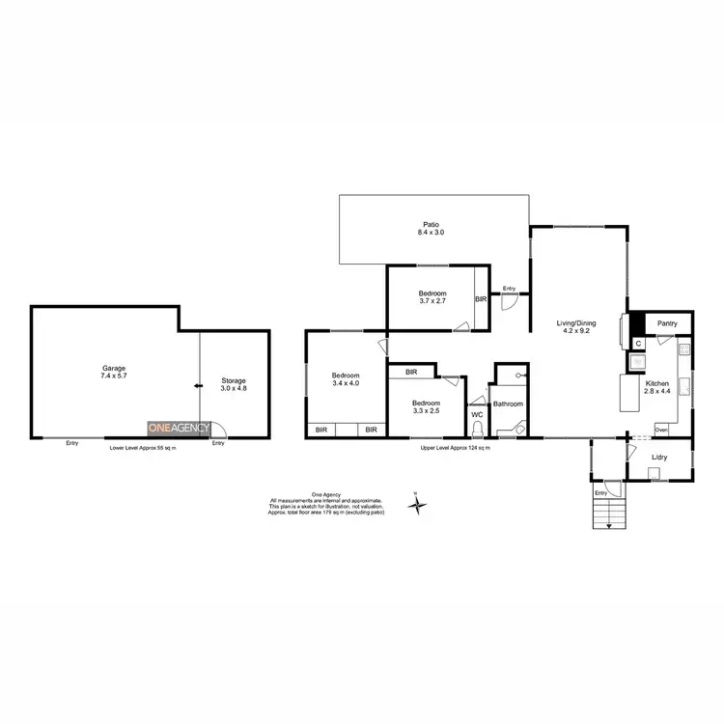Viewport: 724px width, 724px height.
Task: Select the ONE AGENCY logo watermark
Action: [178, 427]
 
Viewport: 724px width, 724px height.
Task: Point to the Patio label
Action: [432, 229]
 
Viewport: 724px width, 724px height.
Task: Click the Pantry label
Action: [666, 323]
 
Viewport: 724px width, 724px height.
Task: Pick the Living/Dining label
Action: [578, 327]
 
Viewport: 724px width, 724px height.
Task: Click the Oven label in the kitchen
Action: [661, 429]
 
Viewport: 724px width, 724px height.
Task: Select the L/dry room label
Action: [660, 457]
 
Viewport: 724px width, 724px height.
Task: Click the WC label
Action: [477, 414]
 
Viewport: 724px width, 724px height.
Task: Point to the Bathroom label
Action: [509, 404]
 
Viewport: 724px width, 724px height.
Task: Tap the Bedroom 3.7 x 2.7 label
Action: [432, 297]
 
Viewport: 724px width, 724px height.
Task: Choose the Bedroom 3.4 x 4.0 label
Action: [346, 379]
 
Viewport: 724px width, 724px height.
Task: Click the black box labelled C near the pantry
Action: [638, 342]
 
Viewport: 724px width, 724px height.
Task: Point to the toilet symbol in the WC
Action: [478, 431]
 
